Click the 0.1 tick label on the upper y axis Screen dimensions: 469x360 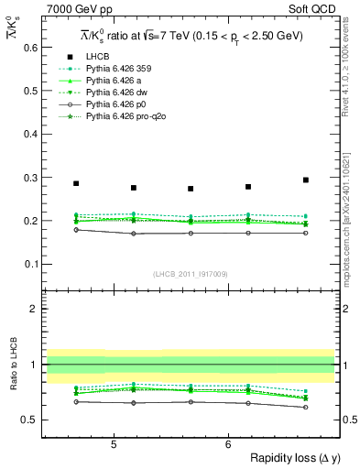(x=30, y=264)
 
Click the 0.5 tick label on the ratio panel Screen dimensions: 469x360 (x=30, y=420)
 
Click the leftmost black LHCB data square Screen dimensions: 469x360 (x=76, y=183)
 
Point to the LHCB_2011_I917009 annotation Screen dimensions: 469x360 (x=189, y=274)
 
